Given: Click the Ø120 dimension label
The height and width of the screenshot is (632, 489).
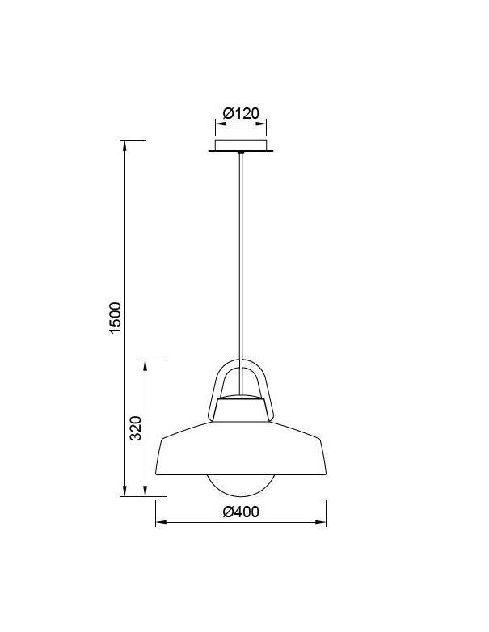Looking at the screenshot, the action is pyautogui.click(x=241, y=113).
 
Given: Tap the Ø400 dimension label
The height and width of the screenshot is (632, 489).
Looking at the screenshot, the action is pyautogui.click(x=241, y=512).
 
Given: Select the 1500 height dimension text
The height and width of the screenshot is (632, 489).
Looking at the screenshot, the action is pyautogui.click(x=116, y=318).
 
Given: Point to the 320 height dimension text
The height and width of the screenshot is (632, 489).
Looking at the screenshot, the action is pyautogui.click(x=136, y=428).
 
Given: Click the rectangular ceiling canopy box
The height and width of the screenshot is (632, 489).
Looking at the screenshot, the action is pyautogui.click(x=241, y=145).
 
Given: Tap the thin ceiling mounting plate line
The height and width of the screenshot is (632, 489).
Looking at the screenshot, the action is pyautogui.click(x=241, y=152).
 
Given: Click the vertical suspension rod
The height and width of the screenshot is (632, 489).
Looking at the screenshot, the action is pyautogui.click(x=241, y=274).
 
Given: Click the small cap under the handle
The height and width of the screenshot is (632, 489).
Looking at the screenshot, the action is pyautogui.click(x=241, y=409).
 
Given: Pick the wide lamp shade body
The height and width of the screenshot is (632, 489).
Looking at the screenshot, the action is pyautogui.click(x=241, y=449).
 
